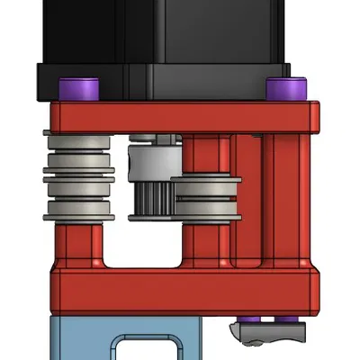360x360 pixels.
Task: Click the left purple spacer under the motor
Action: coord(78,89)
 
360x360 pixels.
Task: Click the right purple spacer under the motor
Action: coord(287,89)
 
